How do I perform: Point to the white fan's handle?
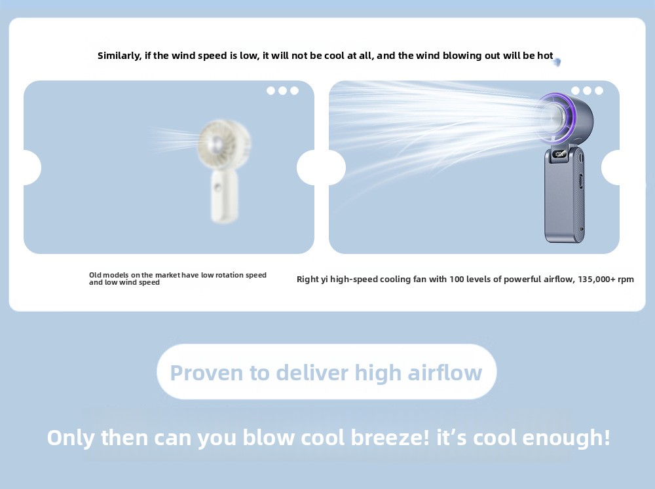point(224,196)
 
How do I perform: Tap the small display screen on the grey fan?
point(559,154)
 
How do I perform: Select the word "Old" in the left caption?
point(95,275)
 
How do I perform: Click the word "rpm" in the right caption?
point(626,280)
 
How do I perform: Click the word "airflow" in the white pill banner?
point(445,372)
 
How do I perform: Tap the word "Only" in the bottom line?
point(71,438)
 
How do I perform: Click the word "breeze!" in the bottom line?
point(390,438)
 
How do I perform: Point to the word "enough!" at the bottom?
point(567,438)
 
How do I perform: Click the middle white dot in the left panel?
point(283,90)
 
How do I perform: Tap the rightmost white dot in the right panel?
point(599,90)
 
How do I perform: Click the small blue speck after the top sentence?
point(557,62)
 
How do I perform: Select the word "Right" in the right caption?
point(307,280)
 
